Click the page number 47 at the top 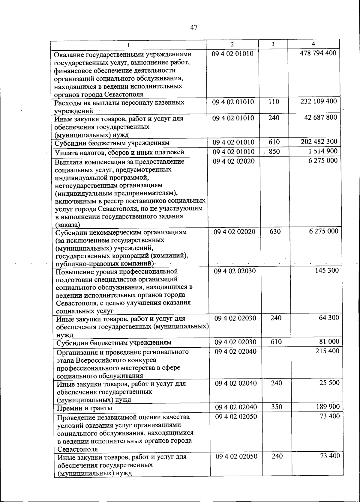pyautogui.click(x=194, y=28)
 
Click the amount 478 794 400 pyautogui.click(x=318, y=53)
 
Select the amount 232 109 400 pyautogui.click(x=319, y=101)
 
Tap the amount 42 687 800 pyautogui.click(x=320, y=117)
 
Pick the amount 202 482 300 pyautogui.click(x=319, y=141)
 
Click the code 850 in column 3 pyautogui.click(x=274, y=152)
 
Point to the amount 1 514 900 pyautogui.click(x=323, y=151)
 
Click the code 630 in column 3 pyautogui.click(x=275, y=231)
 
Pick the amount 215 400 pyautogui.click(x=327, y=351)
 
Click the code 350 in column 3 pyautogui.click(x=276, y=407)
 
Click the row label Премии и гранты pyautogui.click(x=85, y=408)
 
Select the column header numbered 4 pyautogui.click(x=313, y=44)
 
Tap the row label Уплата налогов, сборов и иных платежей pyautogui.click(x=119, y=153)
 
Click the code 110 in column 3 pyautogui.click(x=274, y=102)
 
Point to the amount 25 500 pyautogui.click(x=329, y=383)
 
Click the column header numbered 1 pyautogui.click(x=128, y=45)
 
